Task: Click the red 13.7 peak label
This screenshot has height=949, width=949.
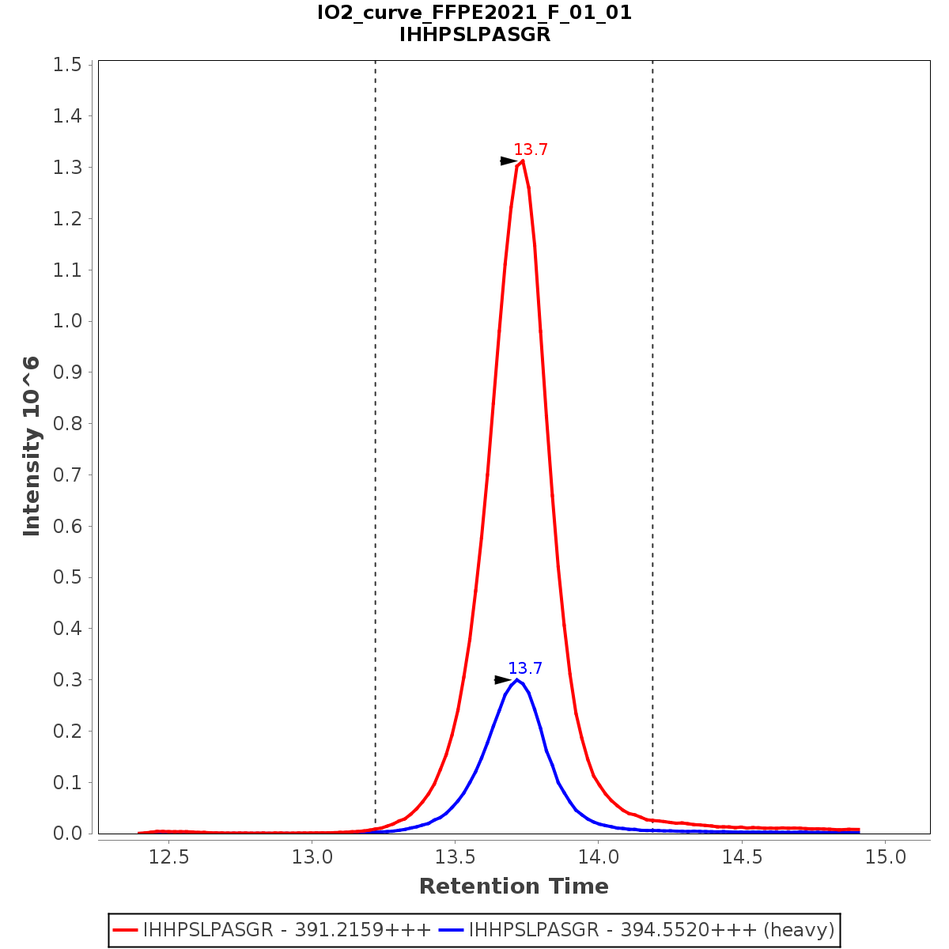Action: (x=531, y=150)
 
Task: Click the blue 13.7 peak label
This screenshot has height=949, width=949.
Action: (x=525, y=669)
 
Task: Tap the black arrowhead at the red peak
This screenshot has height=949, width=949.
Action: (x=509, y=161)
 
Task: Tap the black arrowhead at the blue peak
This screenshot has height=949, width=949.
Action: (x=503, y=679)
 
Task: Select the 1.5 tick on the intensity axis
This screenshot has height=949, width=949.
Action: (x=67, y=65)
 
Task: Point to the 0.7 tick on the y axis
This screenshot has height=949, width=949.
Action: (x=67, y=475)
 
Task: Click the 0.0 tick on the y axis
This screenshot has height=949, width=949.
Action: (x=67, y=834)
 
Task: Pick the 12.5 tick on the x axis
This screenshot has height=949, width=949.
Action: (x=170, y=856)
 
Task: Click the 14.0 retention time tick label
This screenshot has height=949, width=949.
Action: (x=599, y=856)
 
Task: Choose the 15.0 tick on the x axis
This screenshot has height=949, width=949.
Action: (x=886, y=856)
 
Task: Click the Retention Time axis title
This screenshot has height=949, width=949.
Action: (x=514, y=887)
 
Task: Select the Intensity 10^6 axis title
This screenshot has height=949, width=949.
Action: (x=32, y=447)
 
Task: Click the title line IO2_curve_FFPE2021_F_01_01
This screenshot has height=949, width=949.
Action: (x=475, y=13)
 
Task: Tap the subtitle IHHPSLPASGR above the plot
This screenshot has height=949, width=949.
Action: (x=475, y=35)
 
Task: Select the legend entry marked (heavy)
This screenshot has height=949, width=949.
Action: (x=652, y=930)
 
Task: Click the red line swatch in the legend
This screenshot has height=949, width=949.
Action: (x=127, y=930)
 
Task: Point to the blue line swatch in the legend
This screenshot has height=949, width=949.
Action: (x=452, y=930)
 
